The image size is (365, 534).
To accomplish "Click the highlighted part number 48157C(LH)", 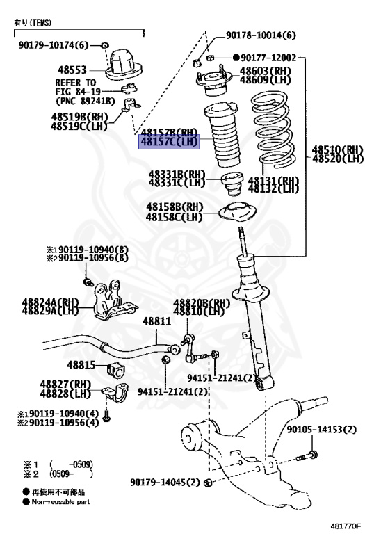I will tap(169, 142).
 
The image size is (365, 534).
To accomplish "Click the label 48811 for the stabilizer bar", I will tap(156, 322).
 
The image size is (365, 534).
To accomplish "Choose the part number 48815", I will tap(81, 365).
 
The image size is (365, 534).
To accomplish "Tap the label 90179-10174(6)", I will tap(54, 46).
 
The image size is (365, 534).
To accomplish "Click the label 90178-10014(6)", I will tap(261, 35).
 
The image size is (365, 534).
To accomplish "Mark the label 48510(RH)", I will tap(337, 149).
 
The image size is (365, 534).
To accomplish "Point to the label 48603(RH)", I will tap(264, 71).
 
